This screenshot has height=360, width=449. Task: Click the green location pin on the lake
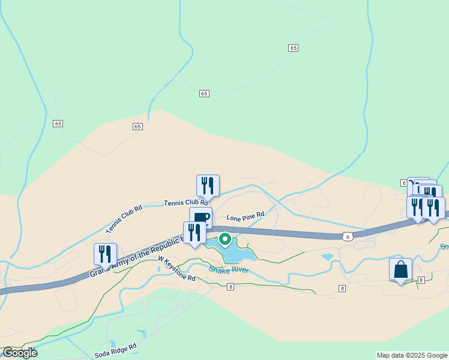pyautogui.click(x=225, y=239)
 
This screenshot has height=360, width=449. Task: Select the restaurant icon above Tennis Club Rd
pyautogui.click(x=208, y=185)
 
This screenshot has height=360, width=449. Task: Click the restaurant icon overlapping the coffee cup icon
pyautogui.click(x=194, y=232)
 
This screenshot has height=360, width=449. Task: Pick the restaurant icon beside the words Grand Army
pyautogui.click(x=105, y=253)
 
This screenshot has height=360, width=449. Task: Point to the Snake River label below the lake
pyautogui.click(x=229, y=270)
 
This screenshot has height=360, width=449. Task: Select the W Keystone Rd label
pyautogui.click(x=176, y=269)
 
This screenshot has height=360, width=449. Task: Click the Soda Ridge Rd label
pyautogui.click(x=116, y=351)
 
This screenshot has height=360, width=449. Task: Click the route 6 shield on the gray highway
pyautogui.click(x=347, y=237)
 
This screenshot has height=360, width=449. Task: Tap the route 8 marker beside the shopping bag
pyautogui.click(x=421, y=280)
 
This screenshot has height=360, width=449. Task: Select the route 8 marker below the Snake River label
pyautogui.click(x=231, y=287)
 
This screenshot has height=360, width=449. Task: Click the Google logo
pyautogui.click(x=20, y=353)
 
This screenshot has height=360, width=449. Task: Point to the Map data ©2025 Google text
pyautogui.click(x=412, y=355)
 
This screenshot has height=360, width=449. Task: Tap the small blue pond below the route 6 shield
pyautogui.click(x=327, y=257)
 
